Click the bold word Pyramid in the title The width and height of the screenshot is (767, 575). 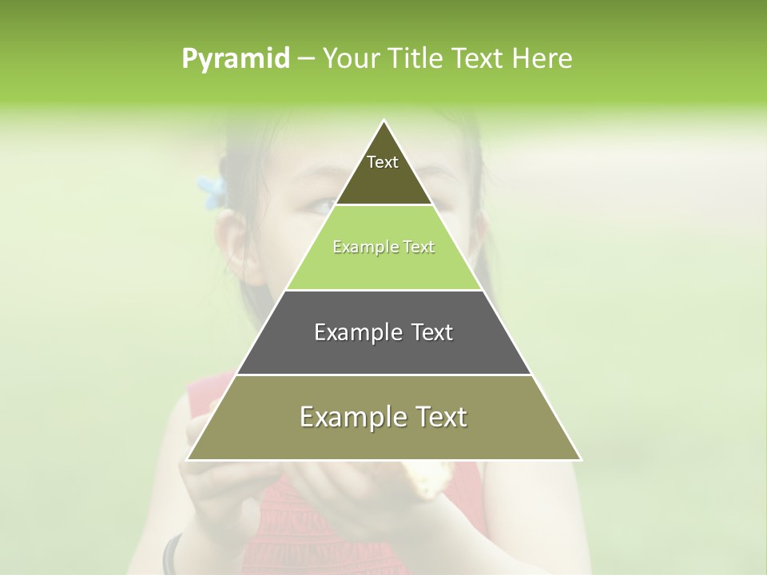pos(236,59)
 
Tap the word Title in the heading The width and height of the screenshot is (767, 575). pos(418,59)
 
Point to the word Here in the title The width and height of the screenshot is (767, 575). pos(542,59)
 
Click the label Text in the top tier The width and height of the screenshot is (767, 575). pos(383,162)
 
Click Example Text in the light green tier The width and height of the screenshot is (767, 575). pos(383,247)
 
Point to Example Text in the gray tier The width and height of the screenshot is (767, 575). pos(383,332)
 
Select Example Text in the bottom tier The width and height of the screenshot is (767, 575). pos(383,417)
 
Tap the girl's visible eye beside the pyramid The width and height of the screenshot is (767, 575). pos(320,206)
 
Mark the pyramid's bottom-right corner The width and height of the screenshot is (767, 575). pos(580,460)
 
